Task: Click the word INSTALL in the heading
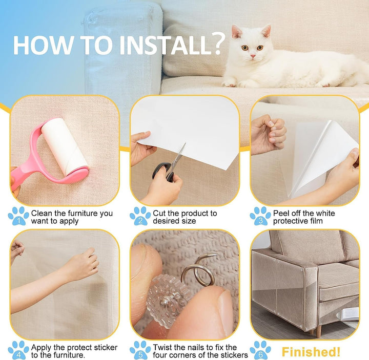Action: coord(166,45)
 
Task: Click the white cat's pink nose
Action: coord(253,56)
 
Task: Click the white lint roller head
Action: coord(64,146)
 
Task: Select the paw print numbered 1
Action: coord(18,216)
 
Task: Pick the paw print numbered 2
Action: coord(140,216)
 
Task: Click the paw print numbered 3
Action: coord(260,216)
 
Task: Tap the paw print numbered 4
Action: coord(18,350)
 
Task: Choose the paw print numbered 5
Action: coord(140,350)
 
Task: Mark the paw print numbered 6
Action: coord(260,350)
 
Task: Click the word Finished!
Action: coord(311,352)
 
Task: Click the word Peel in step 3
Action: coord(281,213)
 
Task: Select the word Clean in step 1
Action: coord(42,213)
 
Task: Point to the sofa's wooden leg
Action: coord(318,331)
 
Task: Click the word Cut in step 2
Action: coord(159,213)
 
